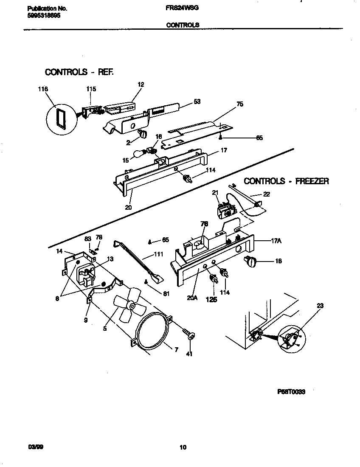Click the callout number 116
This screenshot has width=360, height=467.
pos(43,89)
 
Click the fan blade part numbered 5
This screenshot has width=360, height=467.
pos(129,305)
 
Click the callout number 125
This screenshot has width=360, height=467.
pos(211,299)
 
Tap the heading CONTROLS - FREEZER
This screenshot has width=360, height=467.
pos(286,181)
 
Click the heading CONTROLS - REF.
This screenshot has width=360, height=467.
pos(79,72)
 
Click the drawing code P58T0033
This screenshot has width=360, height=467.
pos(291,392)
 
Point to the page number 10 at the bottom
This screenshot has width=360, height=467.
pos(183,447)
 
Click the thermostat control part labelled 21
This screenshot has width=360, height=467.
pos(225,210)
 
